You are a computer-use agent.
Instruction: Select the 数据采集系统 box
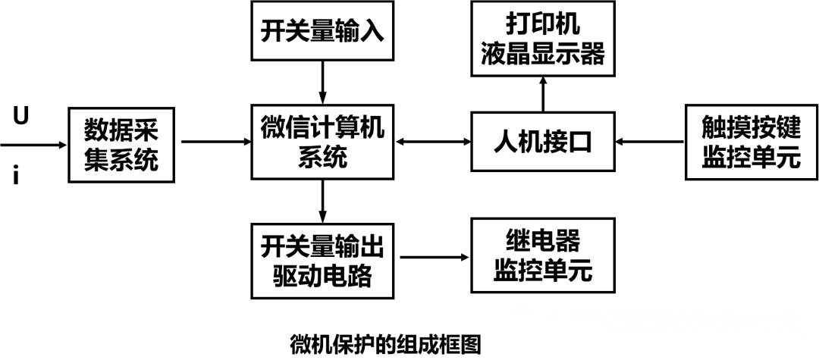coord(121,145)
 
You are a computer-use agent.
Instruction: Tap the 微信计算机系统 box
coord(322,142)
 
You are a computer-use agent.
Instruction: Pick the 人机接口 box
coord(542,142)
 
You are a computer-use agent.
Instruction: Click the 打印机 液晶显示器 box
coord(543,39)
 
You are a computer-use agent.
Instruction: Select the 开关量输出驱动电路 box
coord(322,259)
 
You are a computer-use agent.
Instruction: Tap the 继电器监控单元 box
coord(541,256)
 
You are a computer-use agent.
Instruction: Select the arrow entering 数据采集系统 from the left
coord(34,142)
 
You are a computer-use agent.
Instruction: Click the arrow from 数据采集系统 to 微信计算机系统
coord(216,142)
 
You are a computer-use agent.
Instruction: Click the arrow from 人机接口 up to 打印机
coord(543,94)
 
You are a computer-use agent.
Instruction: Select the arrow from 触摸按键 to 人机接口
coord(649,142)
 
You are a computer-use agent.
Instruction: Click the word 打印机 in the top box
coord(543,24)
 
